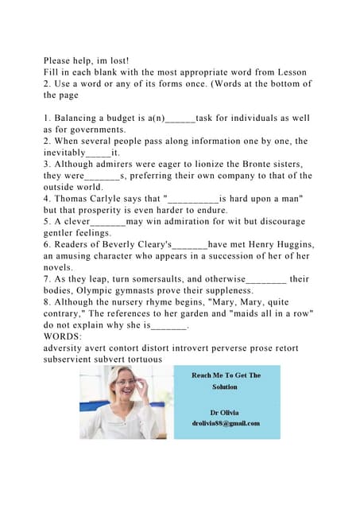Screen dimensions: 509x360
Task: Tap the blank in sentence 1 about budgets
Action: (x=180, y=118)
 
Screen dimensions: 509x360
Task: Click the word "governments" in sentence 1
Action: (x=91, y=129)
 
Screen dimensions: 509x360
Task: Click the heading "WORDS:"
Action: (x=68, y=337)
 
